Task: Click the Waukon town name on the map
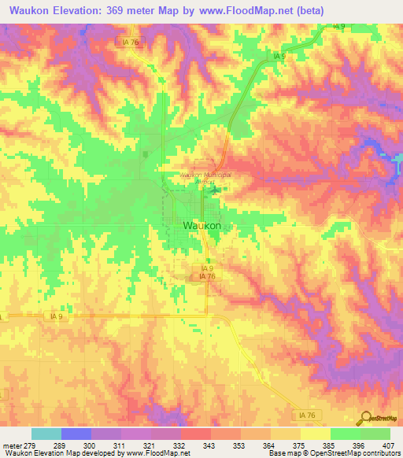[201, 225]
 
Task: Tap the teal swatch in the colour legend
[46, 434]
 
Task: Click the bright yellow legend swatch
[315, 434]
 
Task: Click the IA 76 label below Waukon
[207, 276]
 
